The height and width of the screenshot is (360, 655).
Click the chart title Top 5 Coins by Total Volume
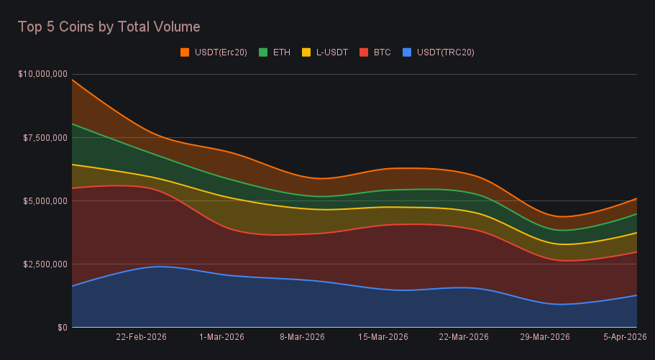click(x=109, y=27)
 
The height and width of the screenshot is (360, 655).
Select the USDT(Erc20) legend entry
click(x=220, y=52)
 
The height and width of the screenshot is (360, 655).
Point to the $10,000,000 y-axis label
click(x=42, y=74)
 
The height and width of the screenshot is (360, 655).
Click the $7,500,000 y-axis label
click(x=45, y=137)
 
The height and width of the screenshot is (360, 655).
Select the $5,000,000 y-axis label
click(x=45, y=200)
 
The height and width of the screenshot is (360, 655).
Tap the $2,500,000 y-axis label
click(x=45, y=264)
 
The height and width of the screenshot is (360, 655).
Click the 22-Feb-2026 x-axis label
click(x=142, y=337)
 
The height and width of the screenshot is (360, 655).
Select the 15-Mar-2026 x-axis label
click(x=383, y=337)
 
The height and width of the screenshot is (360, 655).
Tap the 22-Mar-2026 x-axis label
click(x=464, y=337)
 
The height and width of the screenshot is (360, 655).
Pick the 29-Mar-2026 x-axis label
click(x=545, y=337)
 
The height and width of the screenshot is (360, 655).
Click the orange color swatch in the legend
click(x=185, y=52)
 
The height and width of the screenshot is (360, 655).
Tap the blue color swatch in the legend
click(x=407, y=52)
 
